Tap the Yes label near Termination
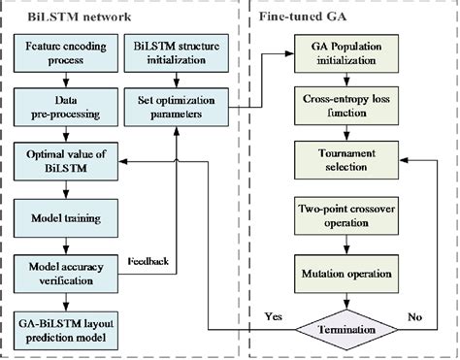275,316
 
